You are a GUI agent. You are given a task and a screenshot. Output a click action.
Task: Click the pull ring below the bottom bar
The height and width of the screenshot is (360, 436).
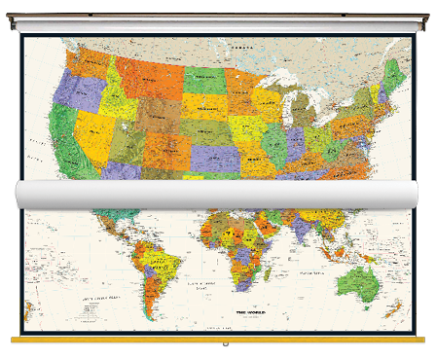226,346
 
